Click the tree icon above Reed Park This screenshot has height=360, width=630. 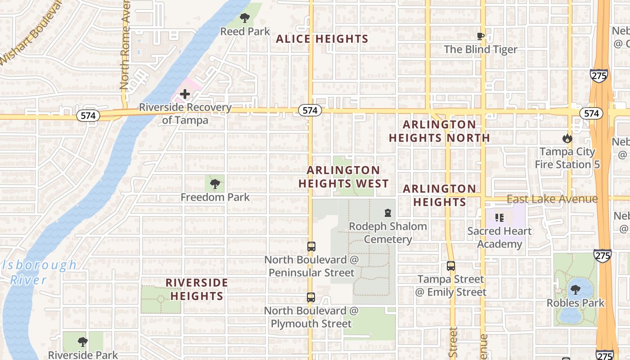tap(244, 18)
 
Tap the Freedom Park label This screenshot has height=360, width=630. tap(215, 197)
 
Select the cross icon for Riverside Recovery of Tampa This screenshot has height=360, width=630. tap(184, 94)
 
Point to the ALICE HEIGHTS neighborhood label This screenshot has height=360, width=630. tap(322, 39)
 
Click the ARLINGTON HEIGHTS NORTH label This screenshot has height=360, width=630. tap(439, 131)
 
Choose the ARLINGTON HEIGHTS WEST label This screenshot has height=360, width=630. tap(343, 177)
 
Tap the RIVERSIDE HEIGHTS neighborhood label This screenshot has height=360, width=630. tap(197, 289)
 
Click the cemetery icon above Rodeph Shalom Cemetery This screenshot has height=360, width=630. tap(387, 212)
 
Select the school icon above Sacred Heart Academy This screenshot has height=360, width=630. tap(499, 218)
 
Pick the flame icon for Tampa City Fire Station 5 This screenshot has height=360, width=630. tap(567, 139)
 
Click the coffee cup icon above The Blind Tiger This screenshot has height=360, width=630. tap(481, 36)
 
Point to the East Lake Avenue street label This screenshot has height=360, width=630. tap(552, 199)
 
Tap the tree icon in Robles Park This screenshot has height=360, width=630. tap(575, 289)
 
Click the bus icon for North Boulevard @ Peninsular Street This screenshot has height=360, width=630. tap(311, 246)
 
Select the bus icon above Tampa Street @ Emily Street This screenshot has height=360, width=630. tap(451, 265)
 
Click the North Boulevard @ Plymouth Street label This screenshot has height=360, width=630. tap(311, 317)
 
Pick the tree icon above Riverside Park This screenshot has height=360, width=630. tap(82, 342)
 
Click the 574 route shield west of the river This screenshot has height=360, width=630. tap(88, 116)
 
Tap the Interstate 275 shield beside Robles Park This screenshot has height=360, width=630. tap(602, 256)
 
